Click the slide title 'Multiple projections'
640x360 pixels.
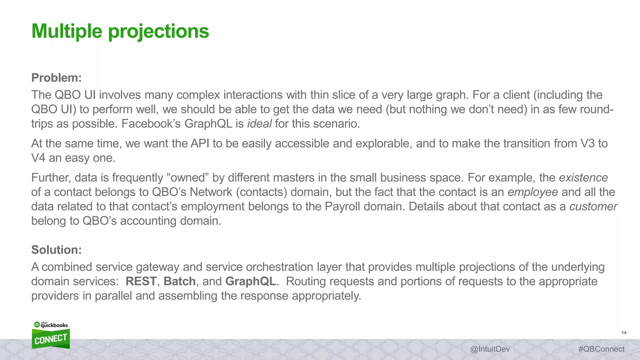click(x=120, y=31)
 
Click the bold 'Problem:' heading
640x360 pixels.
click(x=56, y=78)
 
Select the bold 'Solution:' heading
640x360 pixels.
click(x=56, y=250)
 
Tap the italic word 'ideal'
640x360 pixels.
click(x=259, y=124)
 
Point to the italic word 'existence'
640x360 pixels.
click(x=583, y=177)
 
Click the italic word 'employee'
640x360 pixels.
click(x=532, y=192)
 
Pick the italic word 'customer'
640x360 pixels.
click(x=593, y=206)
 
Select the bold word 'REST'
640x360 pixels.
click(x=141, y=281)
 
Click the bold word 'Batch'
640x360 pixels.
click(x=180, y=281)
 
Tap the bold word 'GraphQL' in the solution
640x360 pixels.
click(x=251, y=281)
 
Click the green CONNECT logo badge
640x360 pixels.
click(x=51, y=339)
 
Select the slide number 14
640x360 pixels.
click(x=624, y=332)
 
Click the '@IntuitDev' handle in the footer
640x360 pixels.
click(x=490, y=349)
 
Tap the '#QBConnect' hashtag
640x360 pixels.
click(x=601, y=349)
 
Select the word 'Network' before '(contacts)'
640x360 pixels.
click(x=211, y=192)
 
